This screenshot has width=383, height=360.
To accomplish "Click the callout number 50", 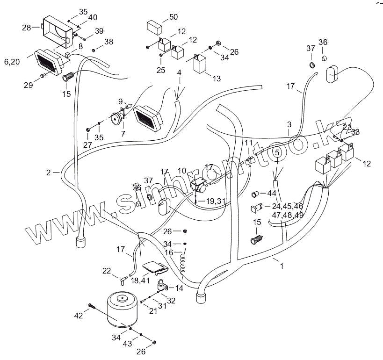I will [173, 17].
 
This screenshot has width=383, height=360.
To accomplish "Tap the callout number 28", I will [26, 28].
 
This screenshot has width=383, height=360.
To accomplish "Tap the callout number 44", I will [272, 193].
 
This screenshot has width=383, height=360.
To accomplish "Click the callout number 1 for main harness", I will [282, 266].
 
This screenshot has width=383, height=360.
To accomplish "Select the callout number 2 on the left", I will [48, 173].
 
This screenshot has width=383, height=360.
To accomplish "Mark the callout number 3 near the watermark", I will [289, 125].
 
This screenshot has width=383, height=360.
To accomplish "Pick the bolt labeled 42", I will [92, 307].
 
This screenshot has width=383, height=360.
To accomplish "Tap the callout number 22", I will [107, 271].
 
